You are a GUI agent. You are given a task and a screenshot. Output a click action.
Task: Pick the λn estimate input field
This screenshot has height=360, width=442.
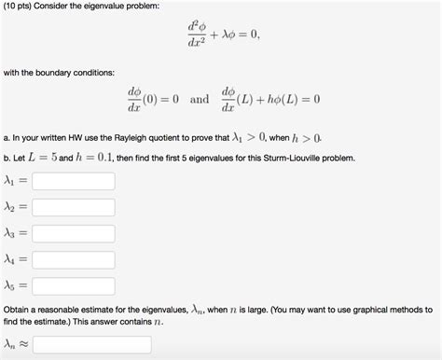click(x=91, y=345)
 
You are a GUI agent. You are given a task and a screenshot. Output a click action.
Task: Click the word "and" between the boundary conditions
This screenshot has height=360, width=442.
click(x=200, y=98)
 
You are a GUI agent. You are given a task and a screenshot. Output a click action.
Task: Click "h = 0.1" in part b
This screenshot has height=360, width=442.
click(x=92, y=159)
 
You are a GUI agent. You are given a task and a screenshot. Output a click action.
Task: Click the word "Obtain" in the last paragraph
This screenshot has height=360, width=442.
click(x=20, y=309)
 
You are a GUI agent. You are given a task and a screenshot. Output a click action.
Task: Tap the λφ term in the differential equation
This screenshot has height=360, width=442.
click(x=232, y=35)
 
